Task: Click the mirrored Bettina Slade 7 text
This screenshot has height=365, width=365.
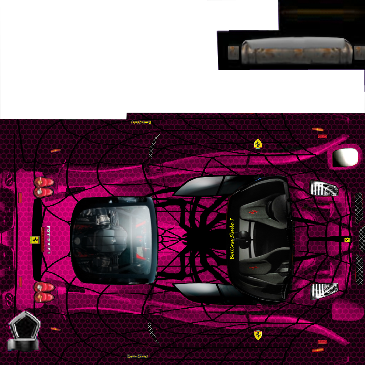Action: (x=141, y=122)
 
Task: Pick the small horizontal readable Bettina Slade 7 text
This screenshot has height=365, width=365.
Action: (x=138, y=356)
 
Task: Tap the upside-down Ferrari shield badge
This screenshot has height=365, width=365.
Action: (x=258, y=144)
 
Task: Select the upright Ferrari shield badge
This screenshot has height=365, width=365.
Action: (x=258, y=335)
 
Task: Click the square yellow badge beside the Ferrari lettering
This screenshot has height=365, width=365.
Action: (x=35, y=240)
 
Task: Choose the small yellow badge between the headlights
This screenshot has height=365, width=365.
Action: (x=347, y=240)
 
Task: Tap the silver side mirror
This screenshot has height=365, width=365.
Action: (x=345, y=157)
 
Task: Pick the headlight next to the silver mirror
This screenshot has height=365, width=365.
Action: (x=323, y=188)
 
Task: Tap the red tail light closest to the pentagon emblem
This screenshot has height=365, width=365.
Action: (x=44, y=297)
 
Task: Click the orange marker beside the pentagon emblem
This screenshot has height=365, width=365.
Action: (x=55, y=329)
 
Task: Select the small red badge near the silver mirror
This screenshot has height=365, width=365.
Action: (x=322, y=136)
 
